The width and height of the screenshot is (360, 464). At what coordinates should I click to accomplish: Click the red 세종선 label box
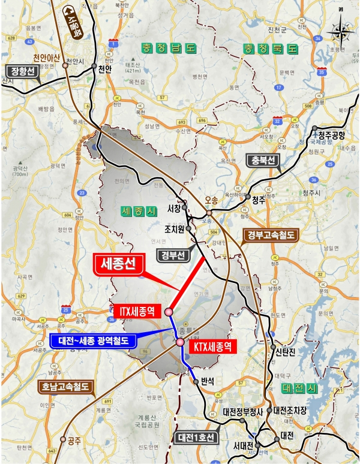coord(120,264)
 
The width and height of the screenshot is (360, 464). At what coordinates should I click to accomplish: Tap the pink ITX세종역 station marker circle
coord(169,312)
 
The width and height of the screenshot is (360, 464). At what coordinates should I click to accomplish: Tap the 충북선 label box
coord(263,161)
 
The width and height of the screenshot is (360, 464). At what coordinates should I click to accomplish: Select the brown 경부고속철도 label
coord(270,236)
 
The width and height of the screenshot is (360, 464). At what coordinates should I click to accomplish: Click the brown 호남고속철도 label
coord(65,387)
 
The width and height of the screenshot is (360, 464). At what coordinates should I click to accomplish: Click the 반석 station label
coord(209,381)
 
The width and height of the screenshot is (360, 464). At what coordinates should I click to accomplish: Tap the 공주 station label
coord(74,441)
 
